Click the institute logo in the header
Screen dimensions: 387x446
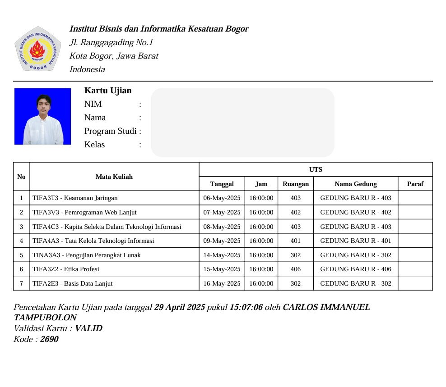tap(38, 48)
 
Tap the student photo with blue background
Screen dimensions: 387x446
tap(42, 116)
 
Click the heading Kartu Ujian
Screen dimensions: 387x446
tap(108, 91)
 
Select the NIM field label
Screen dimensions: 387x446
tap(93, 104)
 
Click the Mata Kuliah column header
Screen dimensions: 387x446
tap(114, 177)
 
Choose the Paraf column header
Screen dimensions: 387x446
tap(415, 184)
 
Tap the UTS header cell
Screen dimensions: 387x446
tap(316, 169)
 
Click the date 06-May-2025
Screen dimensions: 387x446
tap(222, 198)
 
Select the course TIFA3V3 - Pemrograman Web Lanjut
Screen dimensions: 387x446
tap(84, 212)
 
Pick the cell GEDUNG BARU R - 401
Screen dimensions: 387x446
tap(356, 241)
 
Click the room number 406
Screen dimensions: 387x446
tap(296, 269)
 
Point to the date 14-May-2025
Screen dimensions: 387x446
tap(222, 255)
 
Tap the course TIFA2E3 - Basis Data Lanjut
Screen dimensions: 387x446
tap(73, 283)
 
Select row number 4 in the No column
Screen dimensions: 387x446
tap(21, 241)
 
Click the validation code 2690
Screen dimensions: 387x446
tap(49, 339)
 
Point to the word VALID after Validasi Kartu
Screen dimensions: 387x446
tap(88, 328)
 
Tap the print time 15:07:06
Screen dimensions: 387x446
tap(246, 307)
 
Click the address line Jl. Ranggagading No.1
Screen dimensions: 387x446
tap(111, 42)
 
